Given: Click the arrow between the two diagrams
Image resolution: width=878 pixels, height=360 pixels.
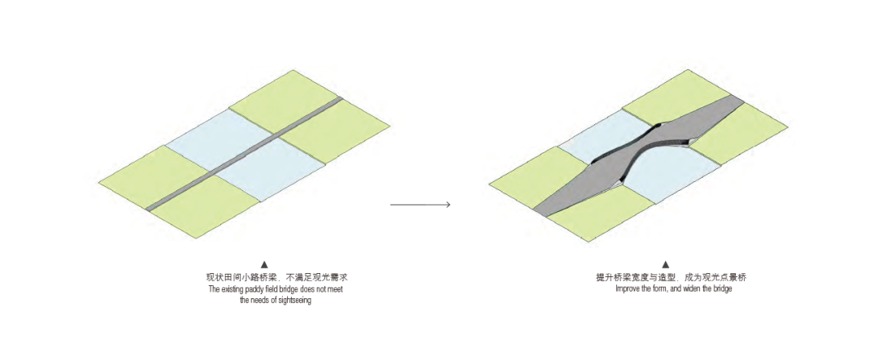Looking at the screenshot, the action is point(420,205).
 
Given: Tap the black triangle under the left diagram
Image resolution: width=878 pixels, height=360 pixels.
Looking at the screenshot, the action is point(264,265).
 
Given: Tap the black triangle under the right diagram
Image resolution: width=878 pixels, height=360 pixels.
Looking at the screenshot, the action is point(665,265).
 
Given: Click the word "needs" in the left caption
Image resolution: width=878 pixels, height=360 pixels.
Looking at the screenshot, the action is point(261,301).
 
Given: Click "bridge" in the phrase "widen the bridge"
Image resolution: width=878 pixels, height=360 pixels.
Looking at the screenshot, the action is point(722,289).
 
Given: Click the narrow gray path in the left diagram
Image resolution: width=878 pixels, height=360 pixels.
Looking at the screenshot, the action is point(244,155).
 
